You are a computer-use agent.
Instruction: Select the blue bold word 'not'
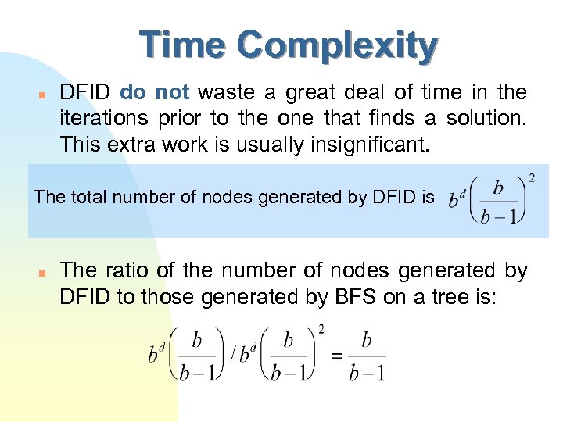point(172,93)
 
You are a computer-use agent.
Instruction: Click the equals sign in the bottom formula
point(338,355)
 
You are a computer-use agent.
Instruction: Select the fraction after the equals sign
point(366,355)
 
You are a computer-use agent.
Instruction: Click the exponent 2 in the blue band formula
point(532,178)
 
